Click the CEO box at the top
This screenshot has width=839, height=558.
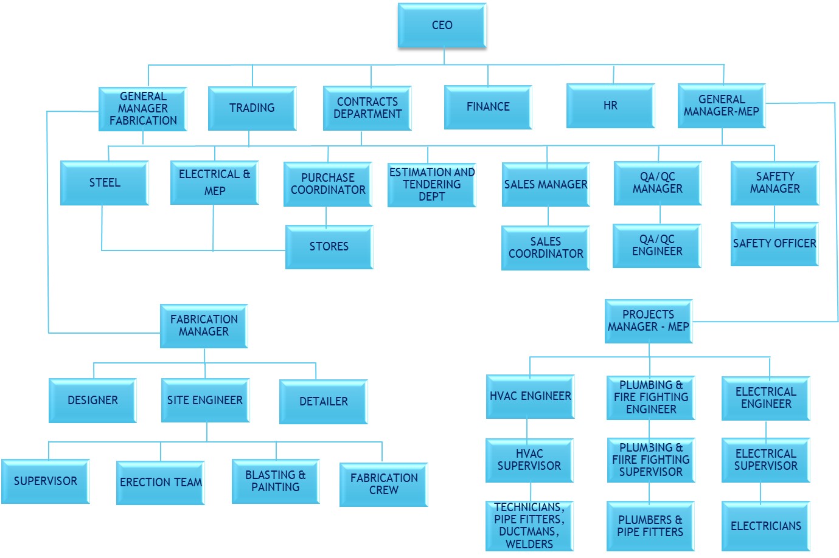(442, 26)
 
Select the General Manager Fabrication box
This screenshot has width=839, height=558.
(143, 109)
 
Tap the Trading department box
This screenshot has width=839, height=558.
(252, 108)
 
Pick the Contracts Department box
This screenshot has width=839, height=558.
(367, 108)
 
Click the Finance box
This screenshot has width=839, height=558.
(488, 107)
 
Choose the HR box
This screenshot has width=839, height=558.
(610, 106)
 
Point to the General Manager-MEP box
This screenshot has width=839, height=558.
(722, 106)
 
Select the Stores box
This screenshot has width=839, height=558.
(329, 247)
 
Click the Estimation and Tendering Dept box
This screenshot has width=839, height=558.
(431, 185)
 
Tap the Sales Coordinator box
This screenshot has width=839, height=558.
(546, 248)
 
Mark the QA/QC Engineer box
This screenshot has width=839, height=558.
(657, 246)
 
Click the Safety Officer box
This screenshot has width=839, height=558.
(775, 244)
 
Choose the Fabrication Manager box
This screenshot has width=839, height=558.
(204, 326)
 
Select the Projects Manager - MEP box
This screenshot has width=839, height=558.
(649, 321)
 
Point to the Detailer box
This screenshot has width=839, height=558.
(324, 402)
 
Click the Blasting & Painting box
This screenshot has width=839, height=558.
(276, 481)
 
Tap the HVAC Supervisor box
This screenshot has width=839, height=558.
(529, 460)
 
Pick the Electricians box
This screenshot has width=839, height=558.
(766, 526)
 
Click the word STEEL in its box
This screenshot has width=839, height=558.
(105, 183)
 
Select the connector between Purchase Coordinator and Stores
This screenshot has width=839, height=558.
(326, 216)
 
